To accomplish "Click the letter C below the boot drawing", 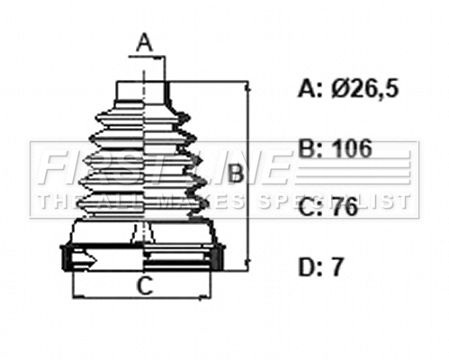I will [143, 288].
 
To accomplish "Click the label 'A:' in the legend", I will [308, 88].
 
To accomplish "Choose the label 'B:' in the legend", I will [308, 148].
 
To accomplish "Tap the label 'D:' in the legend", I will [308, 266].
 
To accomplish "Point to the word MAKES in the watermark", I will [206, 201].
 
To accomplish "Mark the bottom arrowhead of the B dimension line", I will [245, 268].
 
